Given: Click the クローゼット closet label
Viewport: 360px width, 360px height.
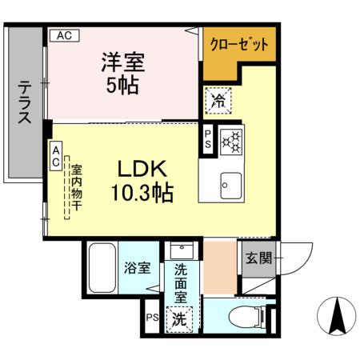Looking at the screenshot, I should click(238, 45).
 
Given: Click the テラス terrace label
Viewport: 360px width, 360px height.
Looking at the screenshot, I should click(25, 101).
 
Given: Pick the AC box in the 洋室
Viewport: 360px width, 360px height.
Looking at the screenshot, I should click(65, 35).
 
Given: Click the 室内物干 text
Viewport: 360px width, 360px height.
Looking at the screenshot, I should click(76, 187).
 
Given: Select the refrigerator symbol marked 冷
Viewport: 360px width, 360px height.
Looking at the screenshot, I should click(218, 100).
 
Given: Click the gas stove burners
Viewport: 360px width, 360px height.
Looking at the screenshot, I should click(232, 140).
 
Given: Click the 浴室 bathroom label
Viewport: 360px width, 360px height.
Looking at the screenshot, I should click(137, 268).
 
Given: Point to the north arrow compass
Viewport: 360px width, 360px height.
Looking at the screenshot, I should click(338, 316).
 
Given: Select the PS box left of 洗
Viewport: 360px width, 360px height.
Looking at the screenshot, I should click(152, 318).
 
